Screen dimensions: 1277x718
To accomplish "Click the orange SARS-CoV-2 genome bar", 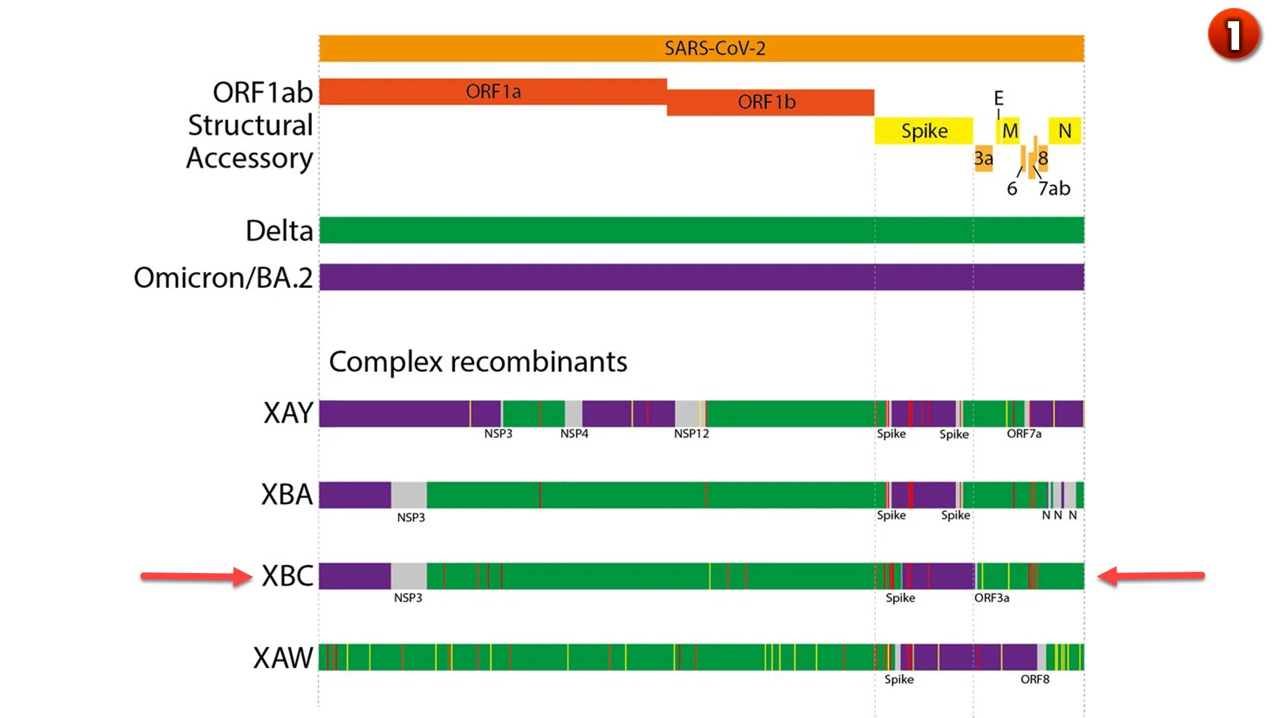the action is tap(702, 49).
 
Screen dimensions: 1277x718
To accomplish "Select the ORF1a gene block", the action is tap(493, 92).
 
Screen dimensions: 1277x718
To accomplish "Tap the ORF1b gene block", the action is tap(770, 102).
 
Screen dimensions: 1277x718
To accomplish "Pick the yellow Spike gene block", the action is tap(924, 131).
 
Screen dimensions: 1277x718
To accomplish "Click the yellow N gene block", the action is tap(1065, 131).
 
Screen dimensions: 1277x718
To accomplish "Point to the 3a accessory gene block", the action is tap(984, 158).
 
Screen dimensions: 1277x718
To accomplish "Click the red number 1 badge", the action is tap(1234, 35).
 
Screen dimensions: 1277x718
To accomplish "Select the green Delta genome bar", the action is tap(702, 230).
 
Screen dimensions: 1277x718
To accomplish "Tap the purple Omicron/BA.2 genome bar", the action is tap(702, 277).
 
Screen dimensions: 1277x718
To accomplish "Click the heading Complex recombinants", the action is tap(478, 362).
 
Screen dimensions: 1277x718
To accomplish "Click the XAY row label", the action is tap(288, 413).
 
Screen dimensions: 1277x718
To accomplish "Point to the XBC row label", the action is tap(287, 576).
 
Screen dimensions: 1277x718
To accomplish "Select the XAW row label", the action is tap(283, 658).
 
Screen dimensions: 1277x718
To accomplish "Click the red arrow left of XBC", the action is tap(196, 576).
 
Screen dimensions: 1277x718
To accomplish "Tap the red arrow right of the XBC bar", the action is tap(1151, 576).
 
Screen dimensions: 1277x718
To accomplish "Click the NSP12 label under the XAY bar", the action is tap(691, 433).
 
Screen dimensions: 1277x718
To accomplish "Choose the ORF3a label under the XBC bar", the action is tap(992, 598).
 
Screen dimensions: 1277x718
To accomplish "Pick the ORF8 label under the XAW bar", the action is tap(1035, 679).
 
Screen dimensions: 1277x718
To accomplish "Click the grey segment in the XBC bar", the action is tap(409, 576).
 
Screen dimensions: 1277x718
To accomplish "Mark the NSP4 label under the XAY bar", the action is tap(574, 433).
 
